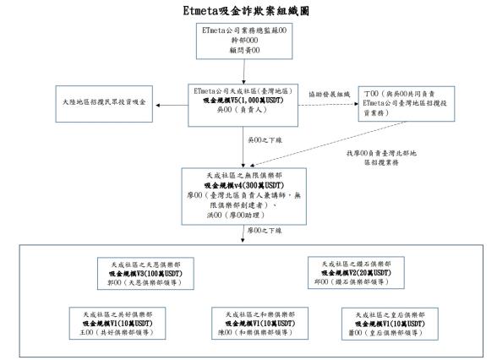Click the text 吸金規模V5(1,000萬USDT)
[246, 98]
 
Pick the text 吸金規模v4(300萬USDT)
[246, 184]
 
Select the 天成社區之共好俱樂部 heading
[108, 314]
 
